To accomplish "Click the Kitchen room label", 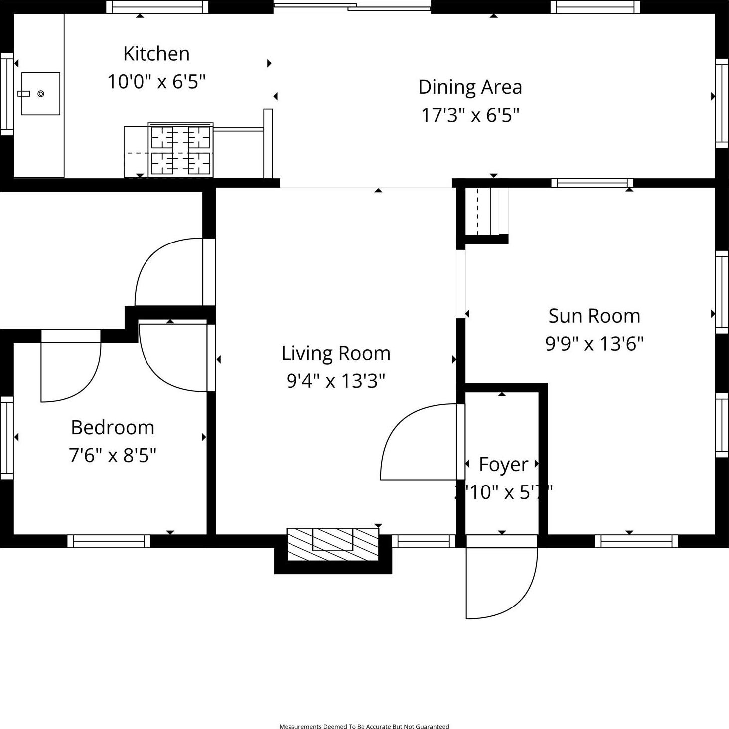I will pyautogui.click(x=156, y=54).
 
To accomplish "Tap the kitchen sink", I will pyautogui.click(x=41, y=94).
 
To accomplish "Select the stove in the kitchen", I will pyautogui.click(x=180, y=150).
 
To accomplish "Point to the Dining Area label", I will pyautogui.click(x=470, y=87).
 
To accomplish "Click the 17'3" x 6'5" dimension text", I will pyautogui.click(x=470, y=115).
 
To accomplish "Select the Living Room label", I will pyautogui.click(x=336, y=353).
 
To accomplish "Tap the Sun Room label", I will pyautogui.click(x=594, y=316).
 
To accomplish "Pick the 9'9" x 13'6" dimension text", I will pyautogui.click(x=594, y=344).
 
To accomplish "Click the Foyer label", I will pyautogui.click(x=503, y=464).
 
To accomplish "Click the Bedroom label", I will pyautogui.click(x=113, y=427).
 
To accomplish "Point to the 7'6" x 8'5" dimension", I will pyautogui.click(x=113, y=455).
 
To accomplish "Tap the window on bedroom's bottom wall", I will pyautogui.click(x=109, y=541).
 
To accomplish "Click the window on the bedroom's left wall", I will pyautogui.click(x=7, y=437).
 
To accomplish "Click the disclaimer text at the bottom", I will pyautogui.click(x=364, y=726).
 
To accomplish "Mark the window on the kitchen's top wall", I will pyautogui.click(x=157, y=7).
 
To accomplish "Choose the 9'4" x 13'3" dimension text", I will pyautogui.click(x=336, y=381).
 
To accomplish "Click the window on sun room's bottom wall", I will pyautogui.click(x=636, y=541).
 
